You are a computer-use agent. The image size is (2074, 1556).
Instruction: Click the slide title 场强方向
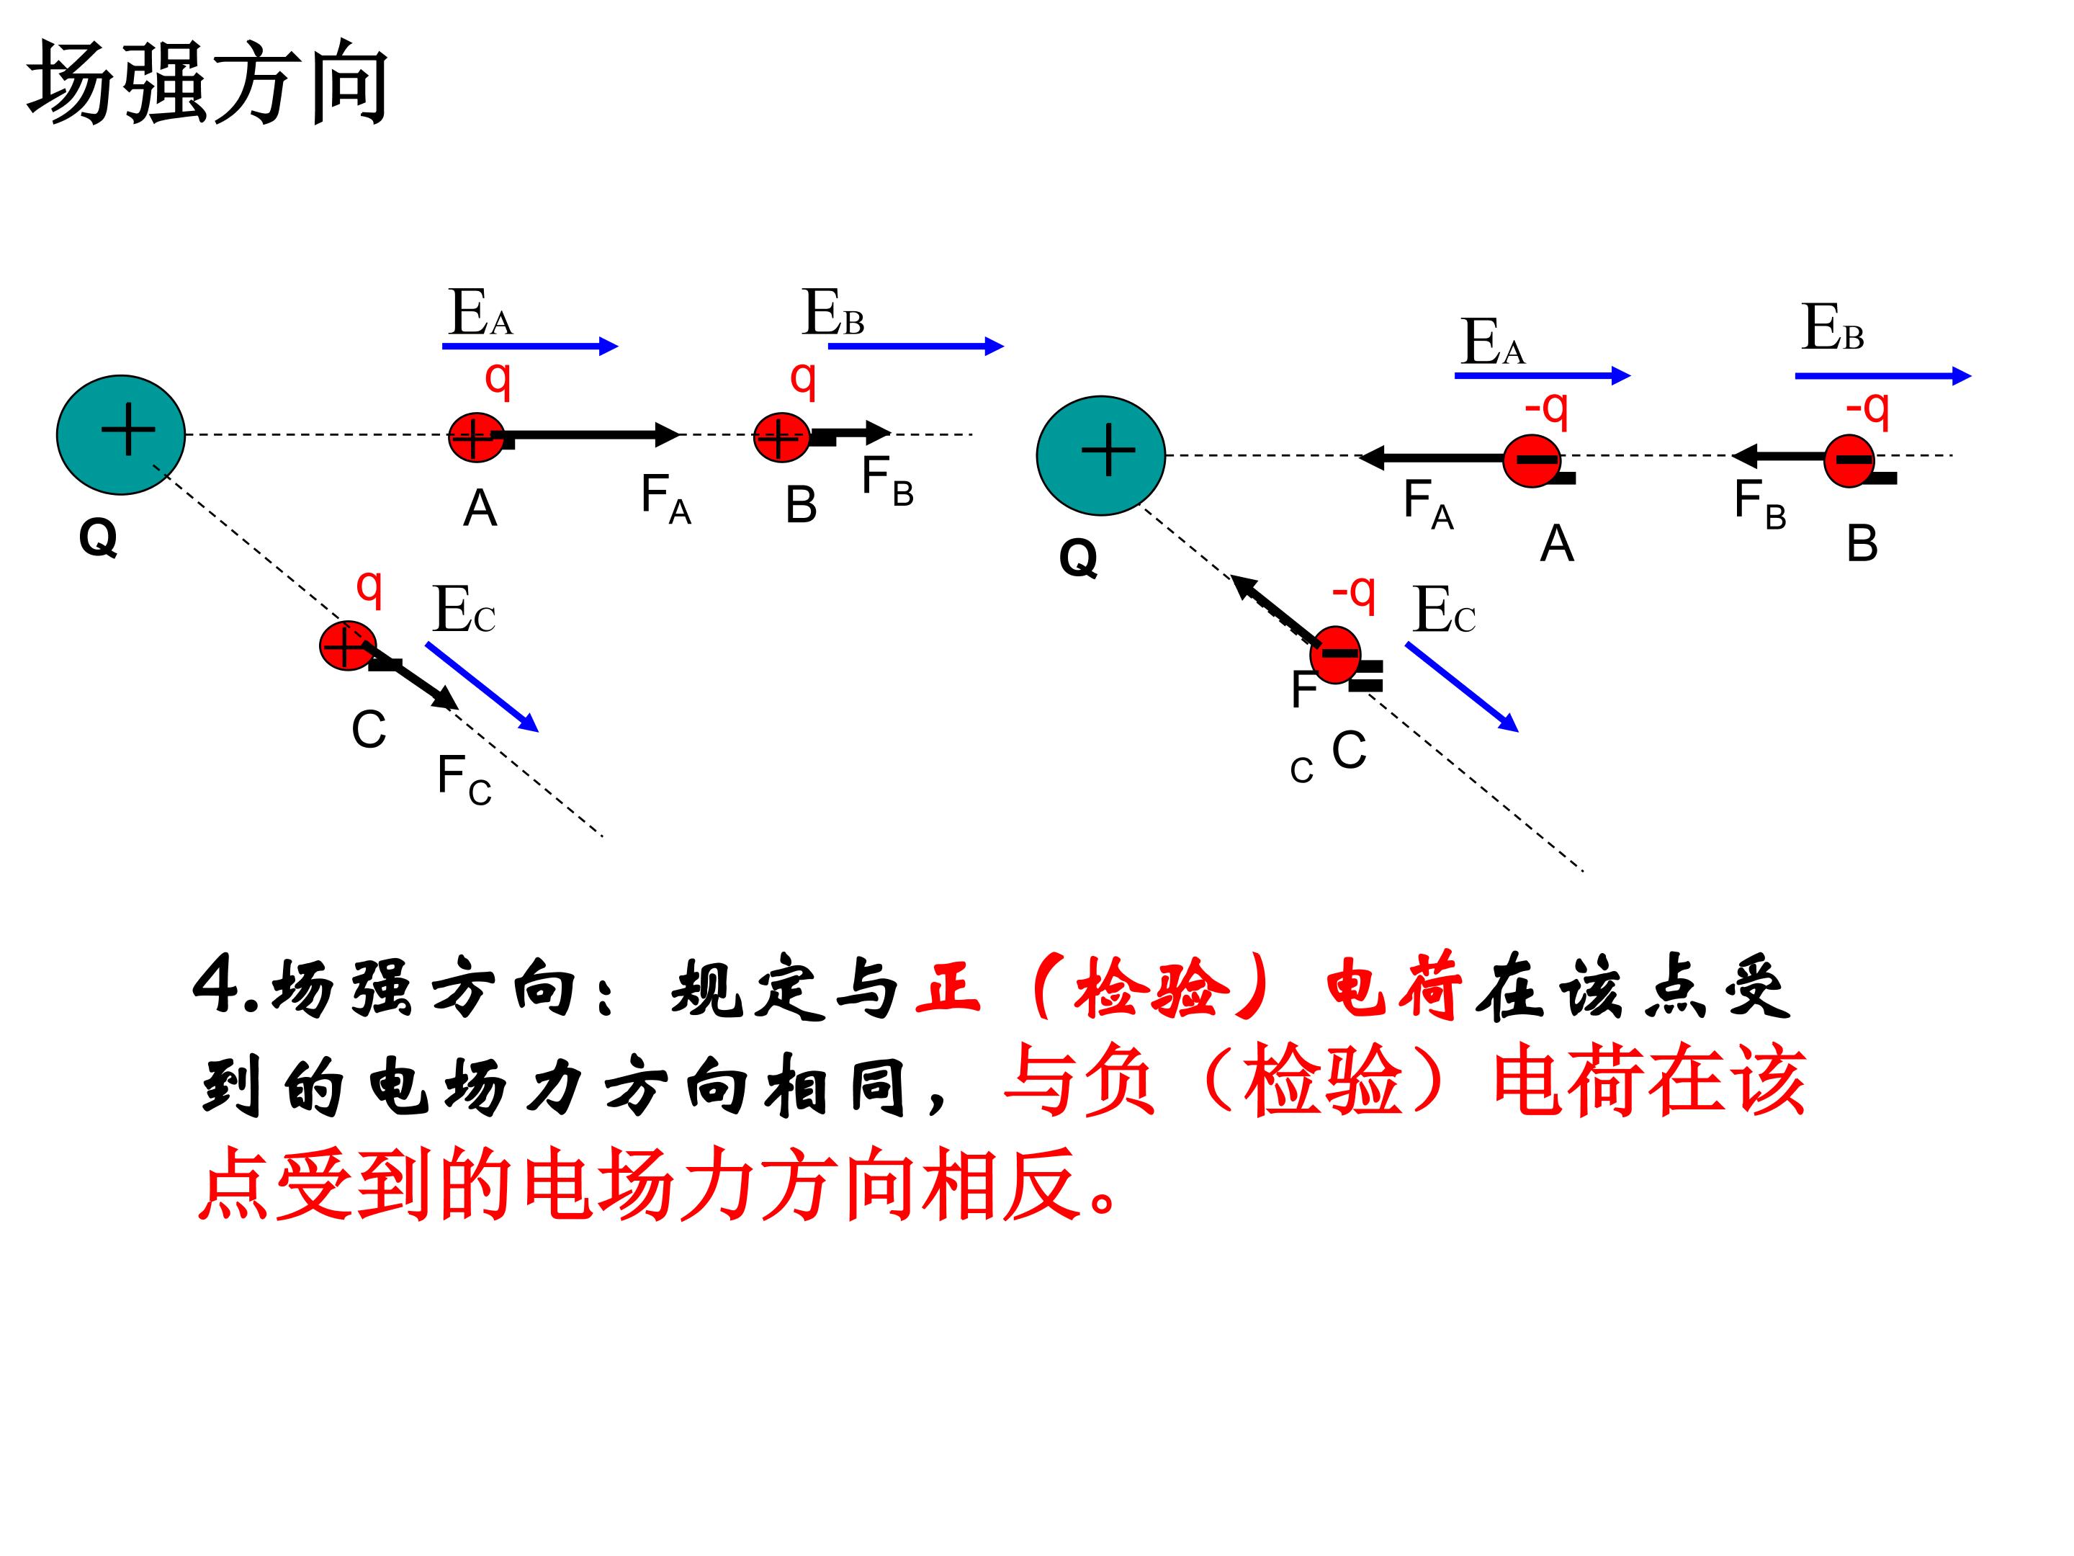pos(207,84)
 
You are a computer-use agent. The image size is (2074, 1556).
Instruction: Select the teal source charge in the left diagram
pos(121,435)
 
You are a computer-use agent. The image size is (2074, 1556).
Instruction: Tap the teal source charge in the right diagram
pos(1101,456)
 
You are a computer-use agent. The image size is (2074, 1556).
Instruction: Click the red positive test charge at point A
pos(476,437)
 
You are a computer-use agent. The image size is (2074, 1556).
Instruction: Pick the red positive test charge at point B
pos(782,437)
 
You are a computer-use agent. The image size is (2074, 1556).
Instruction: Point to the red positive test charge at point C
pos(348,645)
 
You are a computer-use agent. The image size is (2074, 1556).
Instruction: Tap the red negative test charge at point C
pos(1335,653)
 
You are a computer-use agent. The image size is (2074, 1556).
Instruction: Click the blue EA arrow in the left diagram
pos(530,346)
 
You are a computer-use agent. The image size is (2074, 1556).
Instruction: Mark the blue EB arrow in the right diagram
pos(1882,376)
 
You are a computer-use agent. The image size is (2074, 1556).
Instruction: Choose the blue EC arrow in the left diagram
pos(482,687)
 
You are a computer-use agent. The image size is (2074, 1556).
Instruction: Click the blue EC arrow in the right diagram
pos(1462,687)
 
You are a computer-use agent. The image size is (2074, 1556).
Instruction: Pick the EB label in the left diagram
pos(832,313)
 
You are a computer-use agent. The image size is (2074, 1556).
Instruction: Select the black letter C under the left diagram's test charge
pos(369,730)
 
